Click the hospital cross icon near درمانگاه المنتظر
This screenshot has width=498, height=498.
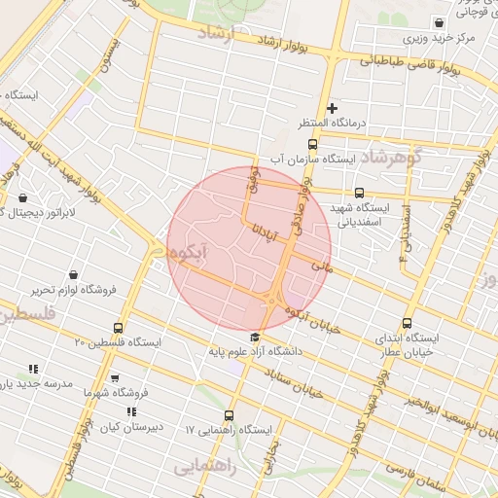click(x=332, y=108)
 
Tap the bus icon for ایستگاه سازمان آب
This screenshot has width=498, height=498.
click(x=311, y=146)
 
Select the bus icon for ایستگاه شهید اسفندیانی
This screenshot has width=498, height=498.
click(x=359, y=193)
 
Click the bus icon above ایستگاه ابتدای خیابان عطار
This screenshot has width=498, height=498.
click(x=407, y=324)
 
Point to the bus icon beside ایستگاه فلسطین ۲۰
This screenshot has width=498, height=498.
click(x=119, y=328)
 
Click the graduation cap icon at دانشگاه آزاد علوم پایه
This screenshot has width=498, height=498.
click(x=255, y=337)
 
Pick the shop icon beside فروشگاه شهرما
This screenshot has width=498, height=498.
click(x=115, y=378)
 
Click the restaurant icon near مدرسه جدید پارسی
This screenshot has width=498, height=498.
click(x=33, y=369)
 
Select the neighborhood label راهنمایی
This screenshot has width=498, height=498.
click(x=205, y=467)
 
